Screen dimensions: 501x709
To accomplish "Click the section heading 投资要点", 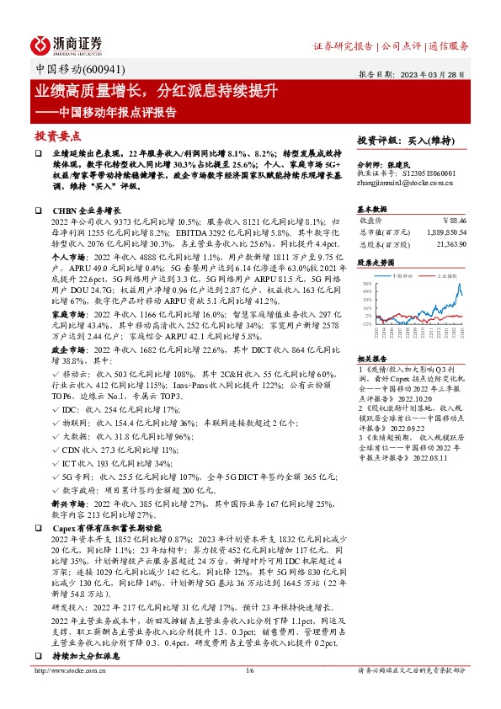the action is tap(57, 135).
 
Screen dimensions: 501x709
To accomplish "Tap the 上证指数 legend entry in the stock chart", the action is tap(445, 275).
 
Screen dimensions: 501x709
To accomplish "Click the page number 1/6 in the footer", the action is tap(249, 694).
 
